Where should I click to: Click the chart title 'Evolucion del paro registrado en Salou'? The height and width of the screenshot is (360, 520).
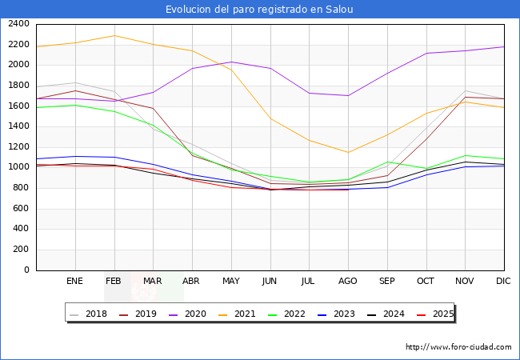coord(259,10)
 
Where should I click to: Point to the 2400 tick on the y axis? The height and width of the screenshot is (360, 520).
coord(19,24)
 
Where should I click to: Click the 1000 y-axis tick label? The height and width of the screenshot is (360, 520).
coord(19,167)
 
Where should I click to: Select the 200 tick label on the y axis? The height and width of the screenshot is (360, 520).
coord(22,250)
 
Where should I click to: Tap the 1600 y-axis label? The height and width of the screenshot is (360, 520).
coord(19,106)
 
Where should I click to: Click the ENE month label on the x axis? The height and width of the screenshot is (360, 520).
coord(74,281)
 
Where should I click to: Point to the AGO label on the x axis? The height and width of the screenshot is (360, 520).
coord(348,281)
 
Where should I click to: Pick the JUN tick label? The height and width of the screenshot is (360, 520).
coord(270,281)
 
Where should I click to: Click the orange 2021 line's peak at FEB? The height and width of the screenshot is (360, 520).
coord(114,35)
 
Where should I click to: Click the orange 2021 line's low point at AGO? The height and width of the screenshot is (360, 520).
coord(348,152)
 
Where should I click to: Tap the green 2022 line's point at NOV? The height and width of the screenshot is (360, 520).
coord(465,155)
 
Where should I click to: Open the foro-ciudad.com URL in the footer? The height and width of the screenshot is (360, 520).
coord(458,347)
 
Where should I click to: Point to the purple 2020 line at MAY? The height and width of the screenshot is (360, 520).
coord(231,62)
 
